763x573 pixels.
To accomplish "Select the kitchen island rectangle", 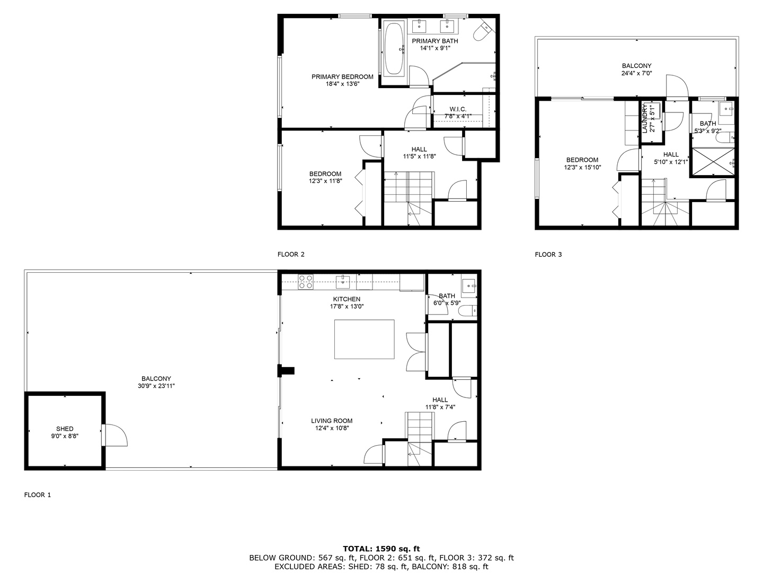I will pyautogui.click(x=364, y=339).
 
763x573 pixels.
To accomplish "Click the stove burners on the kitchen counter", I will pyautogui.click(x=305, y=282).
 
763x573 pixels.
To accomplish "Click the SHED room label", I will pyautogui.click(x=65, y=429).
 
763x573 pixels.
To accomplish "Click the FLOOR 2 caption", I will pyautogui.click(x=291, y=254).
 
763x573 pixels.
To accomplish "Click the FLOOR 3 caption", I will pyautogui.click(x=548, y=255).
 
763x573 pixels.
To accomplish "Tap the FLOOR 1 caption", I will pyautogui.click(x=38, y=495).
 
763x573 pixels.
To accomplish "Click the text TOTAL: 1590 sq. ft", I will pyautogui.click(x=381, y=549).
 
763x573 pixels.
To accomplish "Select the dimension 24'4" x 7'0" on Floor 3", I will pyautogui.click(x=636, y=73).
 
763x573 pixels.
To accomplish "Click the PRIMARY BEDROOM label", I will pyautogui.click(x=342, y=77).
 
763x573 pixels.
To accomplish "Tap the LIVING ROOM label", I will pyautogui.click(x=332, y=421).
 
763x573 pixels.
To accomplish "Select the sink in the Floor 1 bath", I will pyautogui.click(x=468, y=286).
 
